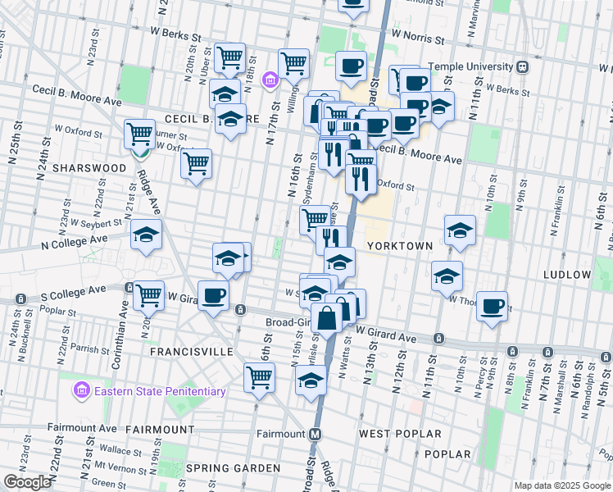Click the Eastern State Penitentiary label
pyautogui.click(x=160, y=391)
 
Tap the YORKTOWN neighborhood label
pyautogui.click(x=393, y=245)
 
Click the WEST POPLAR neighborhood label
pyautogui.click(x=400, y=434)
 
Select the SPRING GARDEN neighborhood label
pyautogui.click(x=233, y=468)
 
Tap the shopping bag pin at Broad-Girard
pyautogui.click(x=326, y=318)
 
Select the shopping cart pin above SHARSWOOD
pyautogui.click(x=140, y=133)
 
